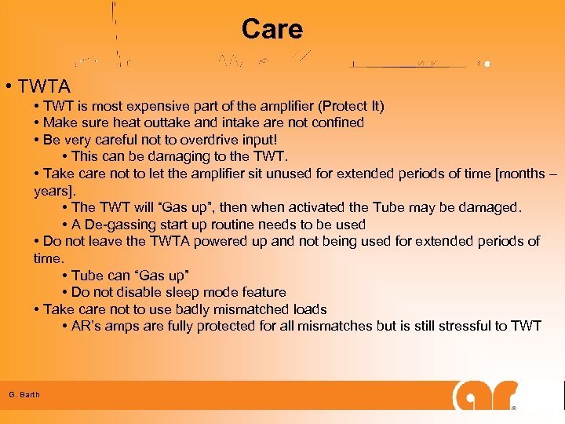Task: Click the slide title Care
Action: coord(272,29)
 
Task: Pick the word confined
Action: coord(337,122)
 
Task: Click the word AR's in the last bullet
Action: coord(89,326)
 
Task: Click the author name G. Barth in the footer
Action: coord(24,394)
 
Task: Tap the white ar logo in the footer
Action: coord(485,395)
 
